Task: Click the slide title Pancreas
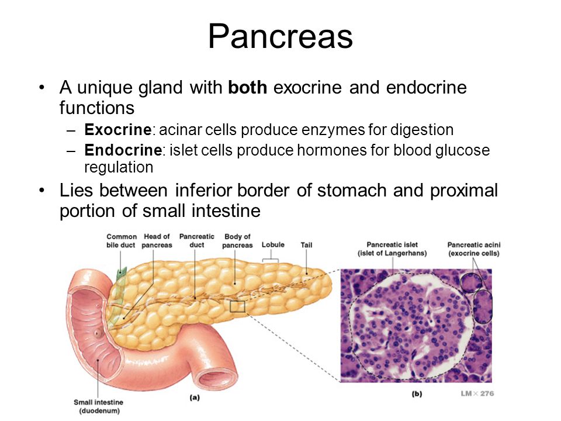pyautogui.click(x=280, y=36)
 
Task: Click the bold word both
pyautogui.click(x=248, y=87)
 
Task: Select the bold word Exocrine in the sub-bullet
pyautogui.click(x=117, y=130)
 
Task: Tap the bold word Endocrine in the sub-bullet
pyautogui.click(x=123, y=150)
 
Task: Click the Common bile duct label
pyautogui.click(x=122, y=241)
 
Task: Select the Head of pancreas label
pyautogui.click(x=157, y=241)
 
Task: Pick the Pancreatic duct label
pyautogui.click(x=197, y=241)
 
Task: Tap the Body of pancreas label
pyautogui.click(x=237, y=241)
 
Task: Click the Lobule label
pyautogui.click(x=273, y=245)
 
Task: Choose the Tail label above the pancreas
pyautogui.click(x=306, y=245)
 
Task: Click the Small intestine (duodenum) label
pyautogui.click(x=99, y=406)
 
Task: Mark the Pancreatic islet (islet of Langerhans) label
pyautogui.click(x=392, y=249)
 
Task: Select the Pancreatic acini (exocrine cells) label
pyautogui.click(x=474, y=249)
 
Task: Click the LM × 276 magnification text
pyautogui.click(x=477, y=394)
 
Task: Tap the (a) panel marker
pyautogui.click(x=194, y=398)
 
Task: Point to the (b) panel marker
pyautogui.click(x=417, y=394)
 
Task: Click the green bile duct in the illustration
pyautogui.click(x=118, y=297)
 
